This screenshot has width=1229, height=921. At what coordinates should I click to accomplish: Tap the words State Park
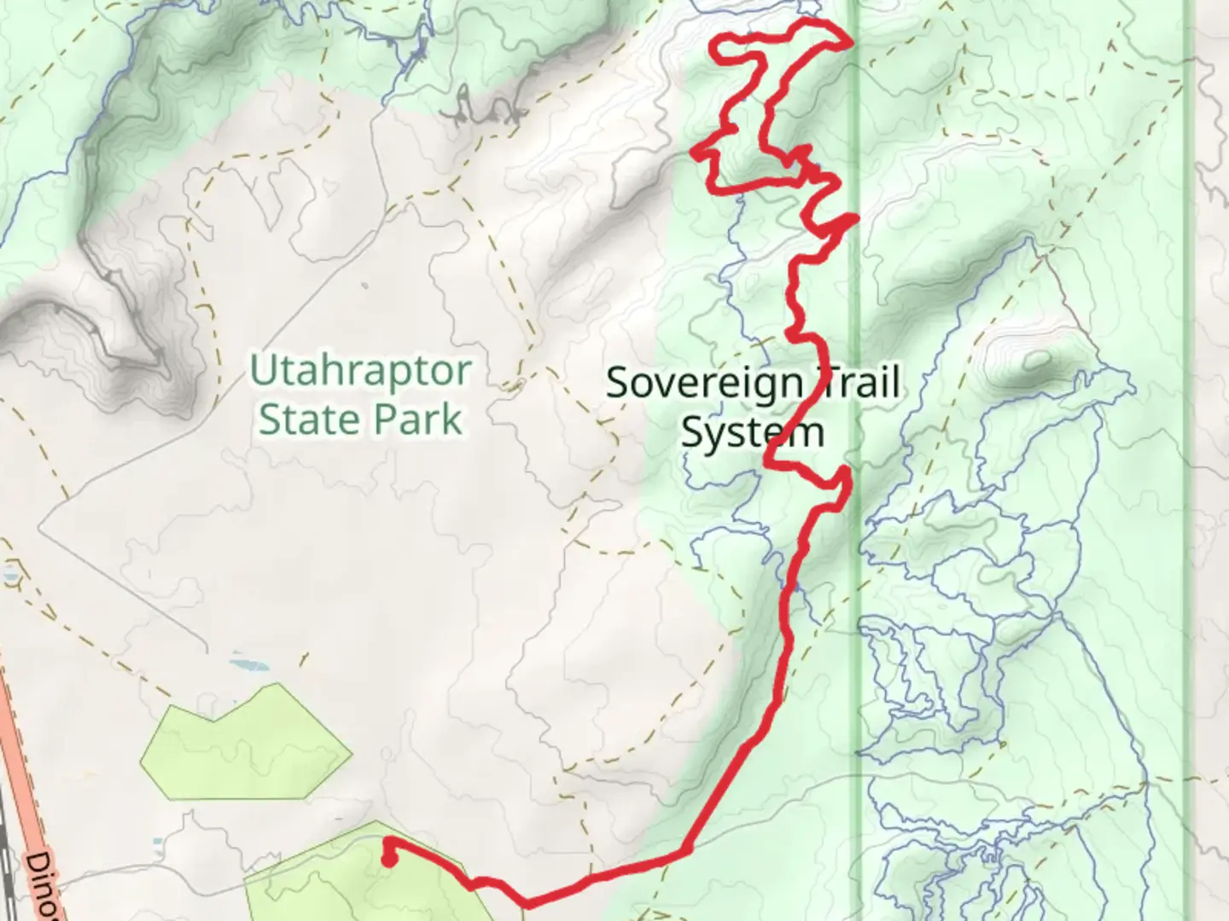tap(360, 420)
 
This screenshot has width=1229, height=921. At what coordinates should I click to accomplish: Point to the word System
tap(752, 432)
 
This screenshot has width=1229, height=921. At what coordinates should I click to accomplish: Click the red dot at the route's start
tap(388, 860)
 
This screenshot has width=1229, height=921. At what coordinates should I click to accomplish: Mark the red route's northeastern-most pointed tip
tap(850, 43)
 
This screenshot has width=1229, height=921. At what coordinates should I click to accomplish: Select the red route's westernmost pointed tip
tap(696, 153)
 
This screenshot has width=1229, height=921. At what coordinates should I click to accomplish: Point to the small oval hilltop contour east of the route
tap(1036, 360)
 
